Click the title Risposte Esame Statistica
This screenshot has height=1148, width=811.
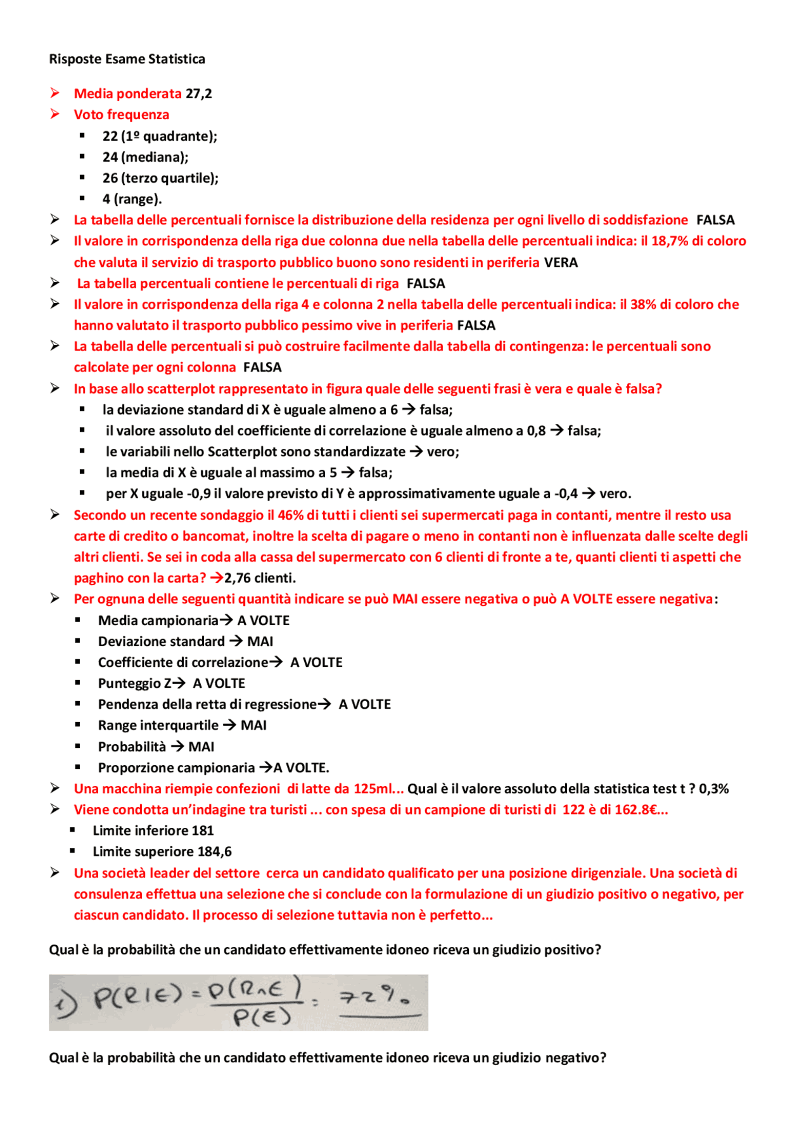[x=127, y=59]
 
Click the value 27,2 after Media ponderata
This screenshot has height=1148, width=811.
[x=199, y=94]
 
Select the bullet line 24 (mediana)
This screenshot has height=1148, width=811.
[x=145, y=157]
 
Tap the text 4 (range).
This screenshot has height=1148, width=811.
[x=132, y=199]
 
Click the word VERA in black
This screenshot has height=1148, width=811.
[x=561, y=262]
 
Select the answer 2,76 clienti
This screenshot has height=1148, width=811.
[x=260, y=578]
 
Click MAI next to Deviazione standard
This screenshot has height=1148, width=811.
[x=260, y=642]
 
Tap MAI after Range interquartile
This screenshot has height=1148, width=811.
[x=253, y=725]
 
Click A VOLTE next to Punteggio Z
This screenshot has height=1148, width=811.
[x=219, y=683]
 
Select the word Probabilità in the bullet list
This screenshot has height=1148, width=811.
[x=132, y=747]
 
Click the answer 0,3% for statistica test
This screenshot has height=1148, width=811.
[x=713, y=789]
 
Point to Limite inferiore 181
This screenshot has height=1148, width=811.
[x=153, y=830]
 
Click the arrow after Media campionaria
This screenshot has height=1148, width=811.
[x=226, y=620]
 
